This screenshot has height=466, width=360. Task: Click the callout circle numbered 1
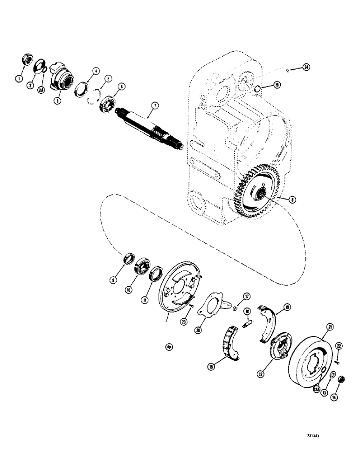pyautogui.click(x=19, y=79)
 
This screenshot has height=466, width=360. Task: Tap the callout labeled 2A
pyautogui.click(x=41, y=90)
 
